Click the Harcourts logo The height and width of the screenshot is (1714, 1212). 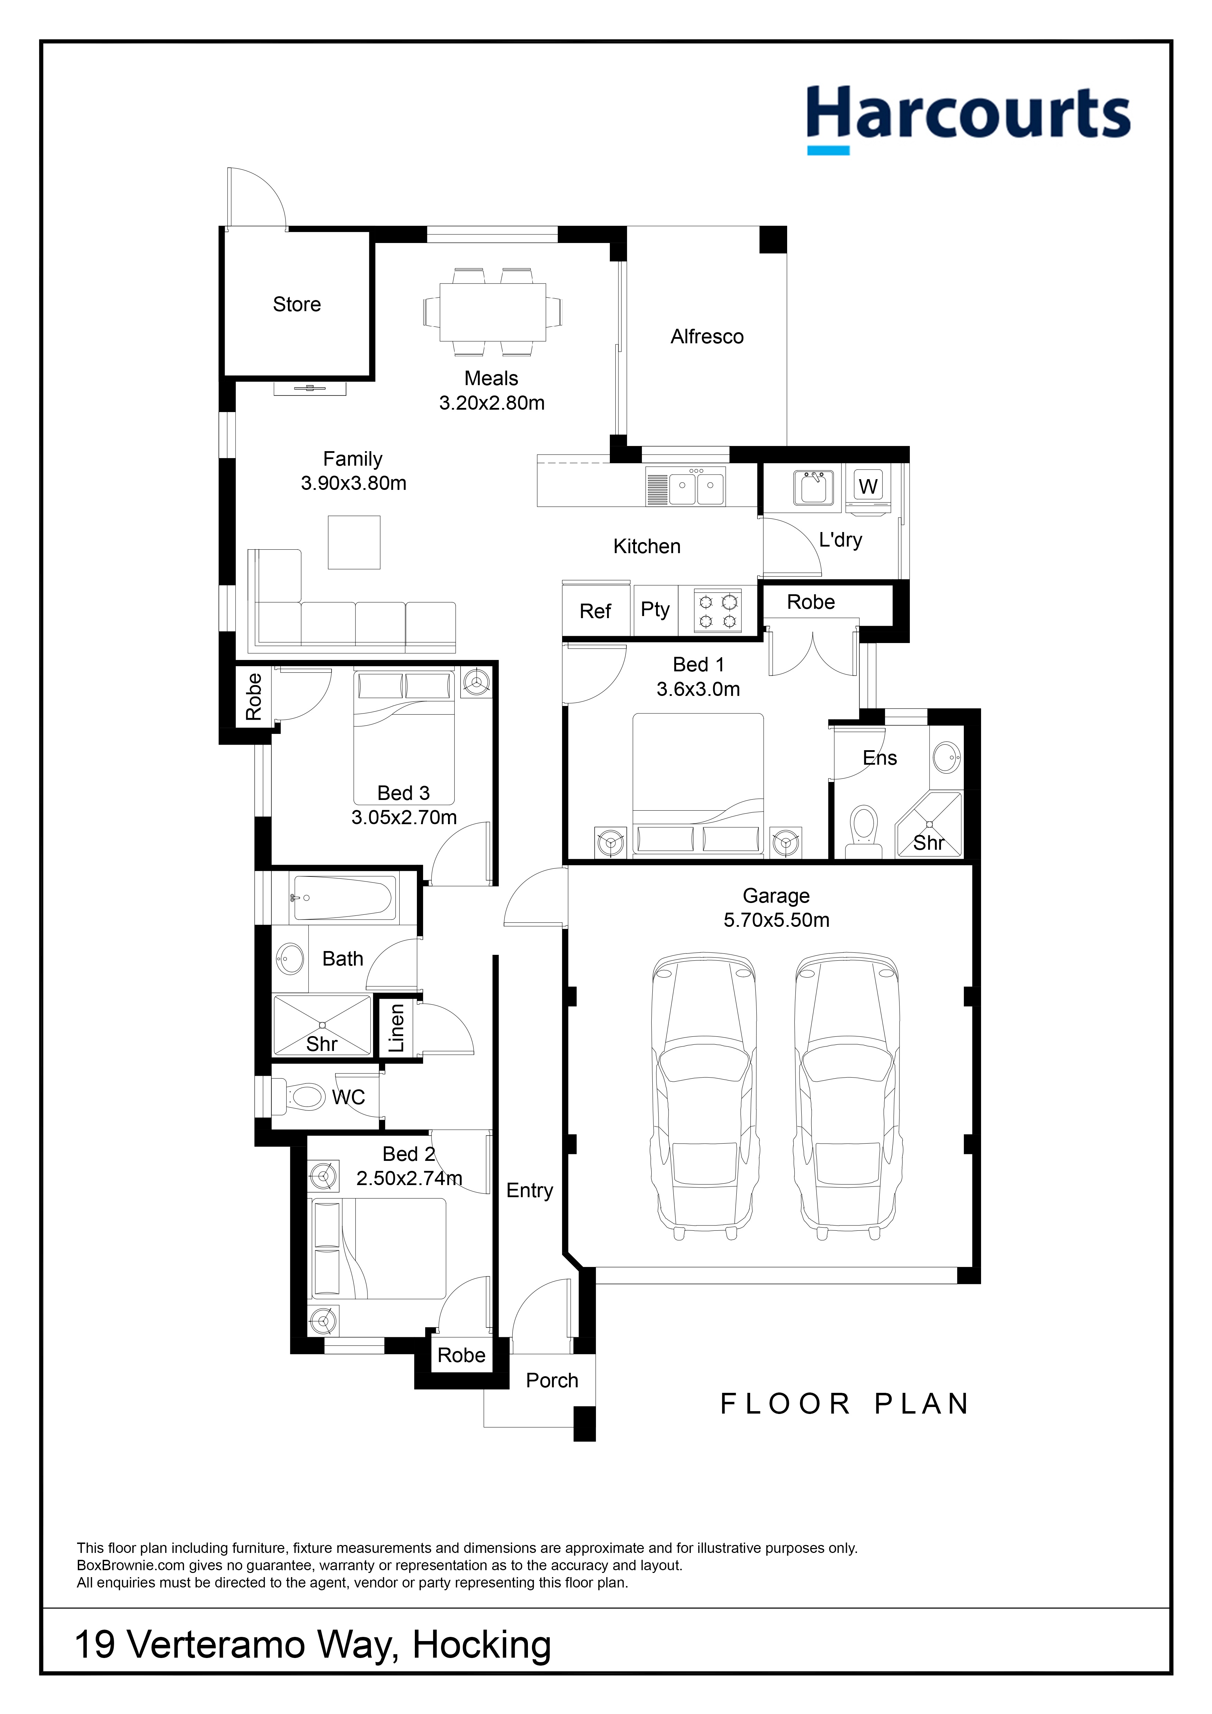968,118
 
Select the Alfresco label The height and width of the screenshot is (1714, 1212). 707,337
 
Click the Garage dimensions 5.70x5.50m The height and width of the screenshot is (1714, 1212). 776,920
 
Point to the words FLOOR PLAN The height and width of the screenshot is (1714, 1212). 844,1404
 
